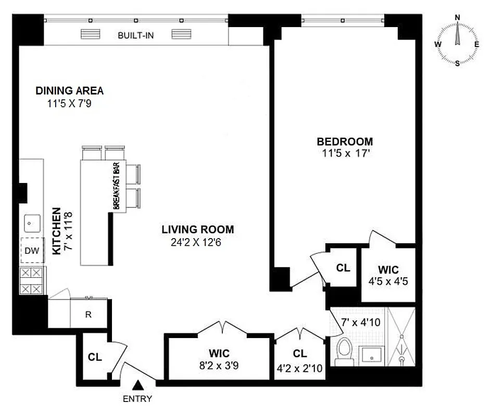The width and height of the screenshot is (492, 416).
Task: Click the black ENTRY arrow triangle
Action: click(x=138, y=385)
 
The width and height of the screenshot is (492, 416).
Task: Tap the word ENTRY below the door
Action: click(x=138, y=399)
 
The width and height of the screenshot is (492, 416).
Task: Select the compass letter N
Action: click(x=458, y=17)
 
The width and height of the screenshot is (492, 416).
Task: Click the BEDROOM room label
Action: click(x=345, y=141)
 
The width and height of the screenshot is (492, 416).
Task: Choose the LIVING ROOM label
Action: click(x=197, y=229)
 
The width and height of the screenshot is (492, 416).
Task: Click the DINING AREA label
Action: click(x=69, y=90)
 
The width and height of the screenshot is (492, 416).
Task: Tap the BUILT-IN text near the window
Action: click(x=135, y=35)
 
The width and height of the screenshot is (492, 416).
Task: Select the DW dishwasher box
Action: click(x=32, y=251)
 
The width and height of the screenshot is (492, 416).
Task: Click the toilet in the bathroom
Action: click(x=344, y=351)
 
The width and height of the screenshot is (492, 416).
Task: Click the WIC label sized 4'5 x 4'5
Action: click(x=388, y=270)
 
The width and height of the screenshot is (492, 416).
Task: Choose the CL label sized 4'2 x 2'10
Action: click(x=300, y=354)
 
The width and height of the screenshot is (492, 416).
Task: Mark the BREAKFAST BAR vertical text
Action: click(x=118, y=185)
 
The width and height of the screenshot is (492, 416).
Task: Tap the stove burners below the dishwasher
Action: click(x=32, y=281)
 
